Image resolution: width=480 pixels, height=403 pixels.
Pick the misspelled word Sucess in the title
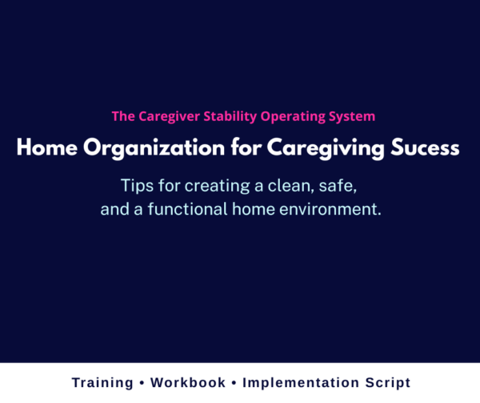click(x=429, y=148)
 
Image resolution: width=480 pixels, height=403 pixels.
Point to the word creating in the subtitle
click(x=210, y=186)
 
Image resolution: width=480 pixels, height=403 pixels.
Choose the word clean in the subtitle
click(x=285, y=186)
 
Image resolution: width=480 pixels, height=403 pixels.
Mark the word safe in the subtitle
click(x=340, y=186)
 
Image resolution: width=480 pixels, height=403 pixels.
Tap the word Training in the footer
click(x=101, y=383)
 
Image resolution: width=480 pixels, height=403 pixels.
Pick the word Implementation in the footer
click(x=302, y=383)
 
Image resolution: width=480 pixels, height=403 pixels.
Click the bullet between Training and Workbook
click(x=142, y=383)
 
